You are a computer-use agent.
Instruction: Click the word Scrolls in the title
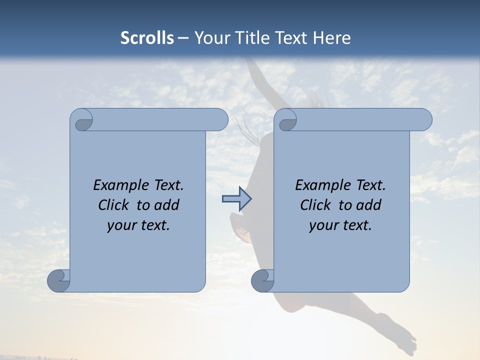147,38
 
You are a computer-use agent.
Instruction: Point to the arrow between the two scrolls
236,199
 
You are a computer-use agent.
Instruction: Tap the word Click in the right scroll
315,205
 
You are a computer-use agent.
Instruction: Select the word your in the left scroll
120,225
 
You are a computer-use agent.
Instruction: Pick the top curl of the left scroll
82,120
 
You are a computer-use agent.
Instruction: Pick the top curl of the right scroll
286,120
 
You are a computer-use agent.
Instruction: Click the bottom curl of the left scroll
59,281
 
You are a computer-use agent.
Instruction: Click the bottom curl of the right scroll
262,281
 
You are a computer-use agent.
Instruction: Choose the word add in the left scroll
167,205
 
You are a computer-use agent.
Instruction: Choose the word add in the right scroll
369,205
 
